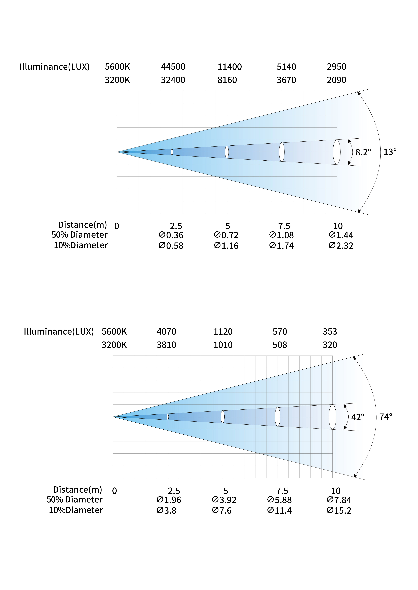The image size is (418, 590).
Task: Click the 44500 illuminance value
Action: [x=173, y=67]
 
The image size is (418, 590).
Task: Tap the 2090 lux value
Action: [x=336, y=80]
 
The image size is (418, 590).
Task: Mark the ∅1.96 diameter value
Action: [x=169, y=500]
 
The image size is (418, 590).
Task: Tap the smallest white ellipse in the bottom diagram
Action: [x=168, y=417]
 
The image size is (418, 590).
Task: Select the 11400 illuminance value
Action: [x=230, y=67]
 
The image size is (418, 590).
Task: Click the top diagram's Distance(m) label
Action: [x=82, y=225]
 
